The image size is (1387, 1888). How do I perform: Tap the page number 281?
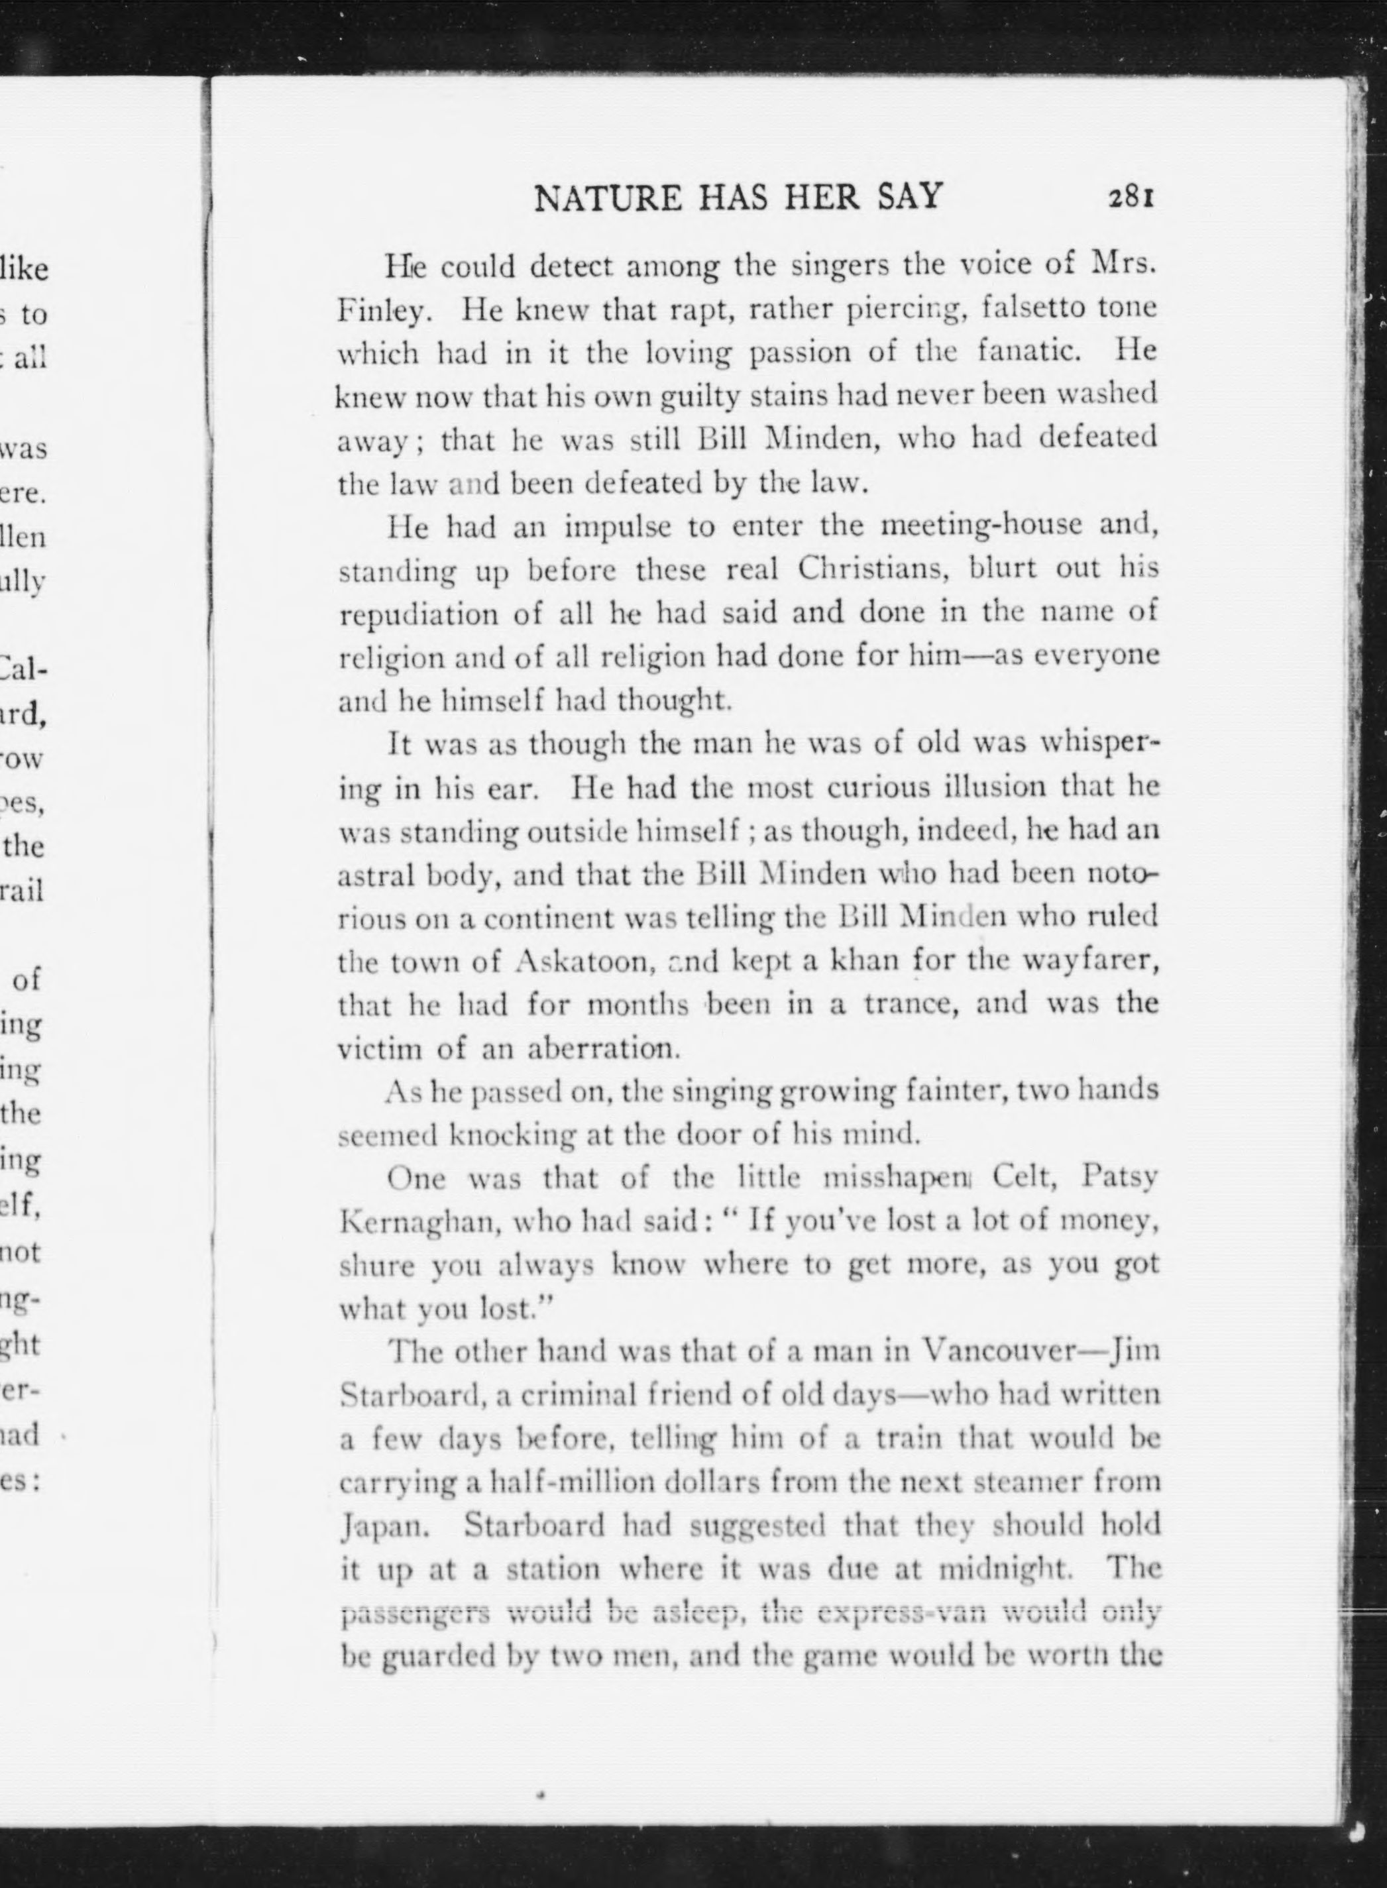point(1133,197)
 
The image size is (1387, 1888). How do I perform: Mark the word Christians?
point(871,569)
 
